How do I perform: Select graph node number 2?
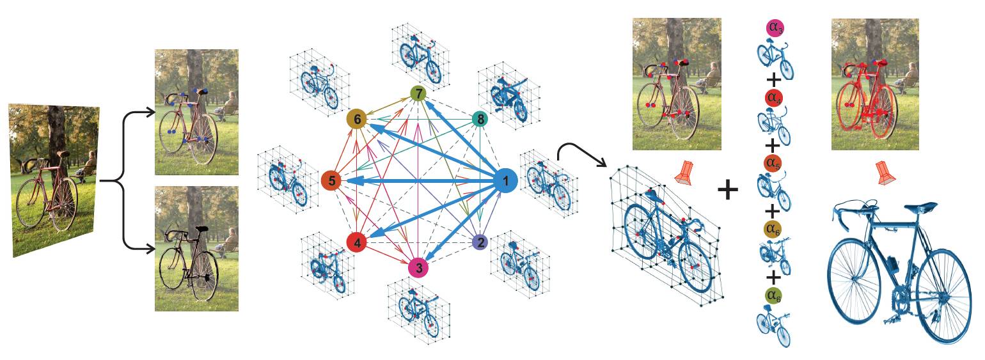(x=479, y=242)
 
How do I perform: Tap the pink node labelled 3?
(x=418, y=267)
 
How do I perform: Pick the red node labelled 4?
(x=356, y=243)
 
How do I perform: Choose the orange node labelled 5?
(x=331, y=182)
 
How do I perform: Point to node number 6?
(x=356, y=120)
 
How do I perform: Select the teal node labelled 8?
(x=479, y=119)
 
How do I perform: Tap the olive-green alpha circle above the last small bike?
(x=774, y=295)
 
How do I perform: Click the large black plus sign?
(x=729, y=190)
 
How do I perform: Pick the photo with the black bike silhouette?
(x=196, y=249)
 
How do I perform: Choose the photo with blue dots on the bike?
(x=196, y=112)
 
